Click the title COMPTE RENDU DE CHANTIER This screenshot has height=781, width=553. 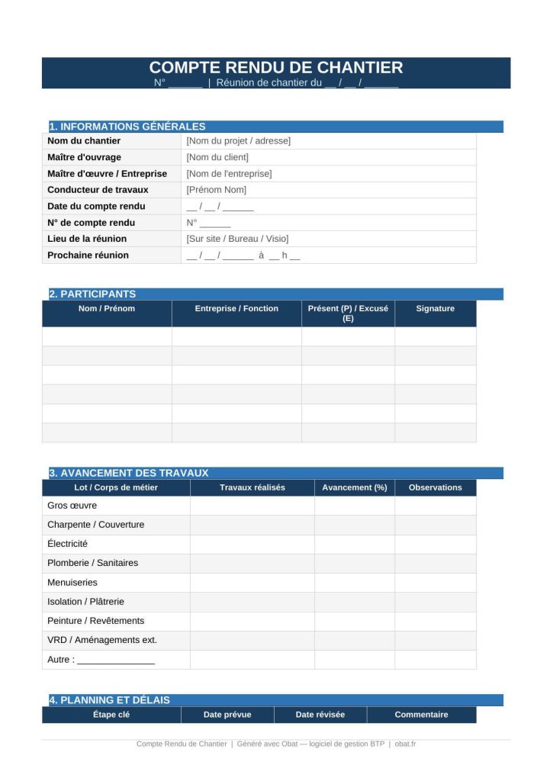pos(275,67)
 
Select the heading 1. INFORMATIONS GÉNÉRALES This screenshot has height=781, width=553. pos(127,127)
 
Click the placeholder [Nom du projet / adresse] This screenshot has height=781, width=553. pos(238,141)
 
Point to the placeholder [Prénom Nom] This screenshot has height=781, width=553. pos(216,190)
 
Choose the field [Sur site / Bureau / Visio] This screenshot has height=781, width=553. pos(237,239)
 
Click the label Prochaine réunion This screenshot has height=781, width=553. pos(88,256)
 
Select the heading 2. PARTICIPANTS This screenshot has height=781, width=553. pos(92,294)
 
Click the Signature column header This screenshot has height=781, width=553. pos(435,309)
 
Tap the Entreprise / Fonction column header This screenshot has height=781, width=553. pos(236,309)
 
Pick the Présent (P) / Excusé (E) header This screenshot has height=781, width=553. pos(348,313)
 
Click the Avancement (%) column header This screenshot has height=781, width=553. pos(354,487)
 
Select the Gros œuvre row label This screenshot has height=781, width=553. pos(72,506)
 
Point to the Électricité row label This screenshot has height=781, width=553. pos(67,544)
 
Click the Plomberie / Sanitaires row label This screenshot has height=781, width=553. pos(92,563)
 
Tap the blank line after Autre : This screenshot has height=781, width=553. pos(115,660)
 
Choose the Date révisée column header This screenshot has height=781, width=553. pos(320,715)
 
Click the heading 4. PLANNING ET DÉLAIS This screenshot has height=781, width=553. pos(109,700)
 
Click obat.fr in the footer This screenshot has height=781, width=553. pos(405,744)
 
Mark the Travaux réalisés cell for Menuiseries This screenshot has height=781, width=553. pos(252,583)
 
